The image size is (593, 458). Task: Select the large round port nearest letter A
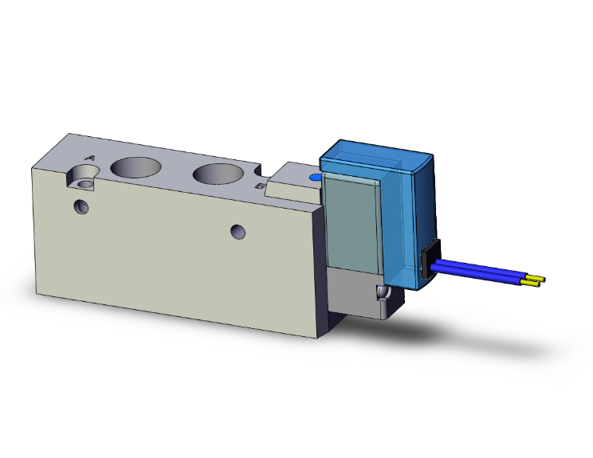[x=134, y=166]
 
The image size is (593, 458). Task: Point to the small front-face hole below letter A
[x=81, y=207]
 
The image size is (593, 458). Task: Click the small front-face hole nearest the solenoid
[x=238, y=232]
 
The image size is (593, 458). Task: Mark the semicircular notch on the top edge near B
[x=256, y=170]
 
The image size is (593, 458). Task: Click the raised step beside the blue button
[x=287, y=183]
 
